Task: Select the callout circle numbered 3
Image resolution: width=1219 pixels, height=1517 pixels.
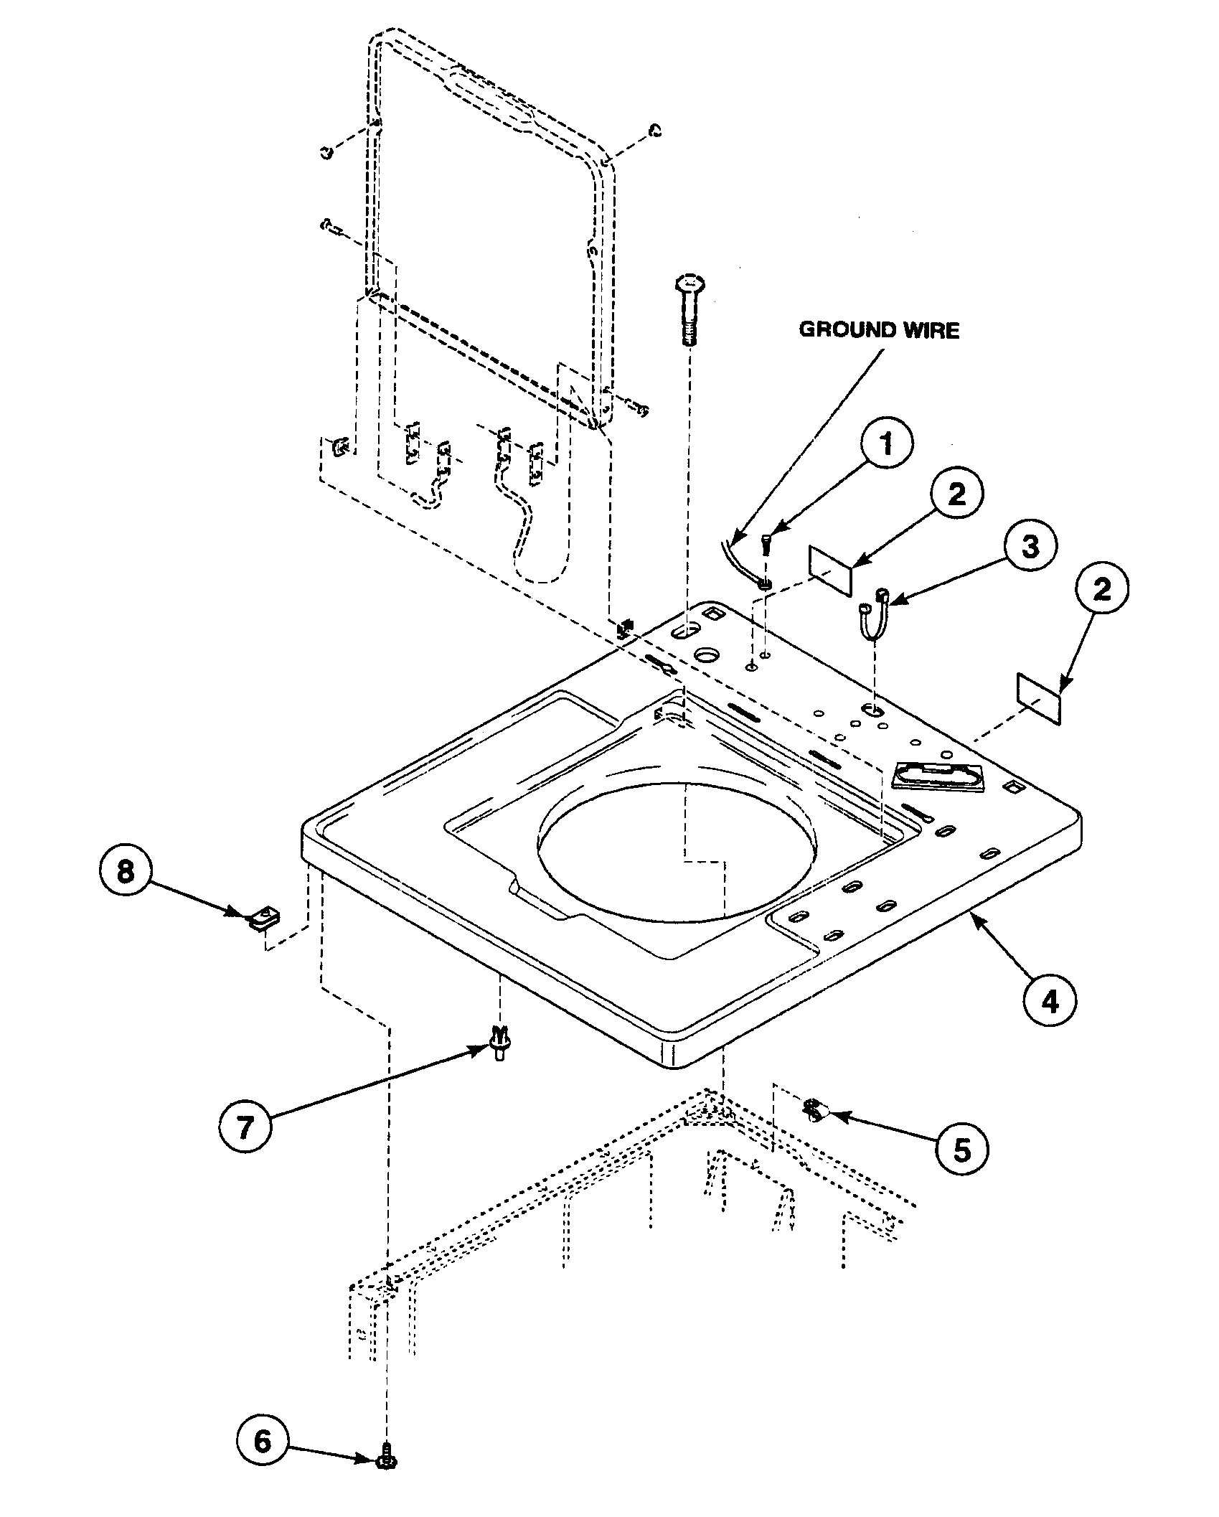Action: click(1030, 547)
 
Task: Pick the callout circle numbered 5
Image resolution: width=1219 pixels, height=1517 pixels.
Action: click(961, 1150)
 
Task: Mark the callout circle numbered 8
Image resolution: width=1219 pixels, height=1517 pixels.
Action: click(126, 873)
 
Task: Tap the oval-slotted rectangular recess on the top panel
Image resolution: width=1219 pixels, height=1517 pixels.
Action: click(938, 778)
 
